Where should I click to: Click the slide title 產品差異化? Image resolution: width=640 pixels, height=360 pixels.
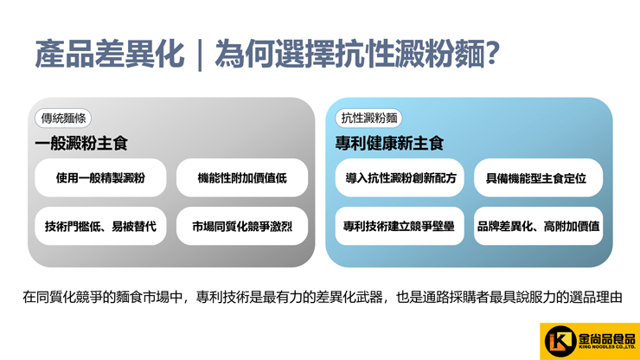pyautogui.click(x=110, y=54)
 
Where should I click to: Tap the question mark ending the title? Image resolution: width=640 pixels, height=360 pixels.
pyautogui.click(x=492, y=54)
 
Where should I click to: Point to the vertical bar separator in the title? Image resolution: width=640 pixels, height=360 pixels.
pyautogui.click(x=200, y=55)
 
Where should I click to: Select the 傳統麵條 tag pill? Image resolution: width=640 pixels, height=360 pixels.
pyautogui.click(x=63, y=119)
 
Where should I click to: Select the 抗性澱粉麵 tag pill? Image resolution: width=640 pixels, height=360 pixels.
pyautogui.click(x=368, y=119)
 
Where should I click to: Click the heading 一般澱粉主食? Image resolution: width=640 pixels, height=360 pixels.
pyautogui.click(x=81, y=144)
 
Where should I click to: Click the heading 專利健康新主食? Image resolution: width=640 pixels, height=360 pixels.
pyautogui.click(x=389, y=144)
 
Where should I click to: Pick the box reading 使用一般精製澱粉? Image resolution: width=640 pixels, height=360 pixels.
pyautogui.click(x=100, y=177)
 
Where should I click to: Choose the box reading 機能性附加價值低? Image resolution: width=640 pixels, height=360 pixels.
pyautogui.click(x=242, y=177)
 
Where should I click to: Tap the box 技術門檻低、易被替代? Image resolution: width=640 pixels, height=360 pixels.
pyautogui.click(x=100, y=226)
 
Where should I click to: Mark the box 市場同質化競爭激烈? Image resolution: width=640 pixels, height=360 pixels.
pyautogui.click(x=242, y=226)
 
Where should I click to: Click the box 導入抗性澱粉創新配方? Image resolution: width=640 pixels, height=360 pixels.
pyautogui.click(x=400, y=177)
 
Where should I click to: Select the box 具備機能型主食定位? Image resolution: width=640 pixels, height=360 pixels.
pyautogui.click(x=538, y=177)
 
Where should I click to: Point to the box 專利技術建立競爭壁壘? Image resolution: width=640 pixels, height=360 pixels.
pyautogui.click(x=400, y=226)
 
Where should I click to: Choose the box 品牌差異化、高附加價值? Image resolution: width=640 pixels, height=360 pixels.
pyautogui.click(x=538, y=226)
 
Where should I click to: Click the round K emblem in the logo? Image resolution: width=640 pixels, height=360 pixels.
pyautogui.click(x=560, y=342)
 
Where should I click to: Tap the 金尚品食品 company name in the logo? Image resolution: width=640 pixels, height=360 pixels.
pyautogui.click(x=607, y=338)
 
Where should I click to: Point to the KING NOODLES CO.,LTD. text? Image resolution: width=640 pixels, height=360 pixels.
pyautogui.click(x=607, y=347)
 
